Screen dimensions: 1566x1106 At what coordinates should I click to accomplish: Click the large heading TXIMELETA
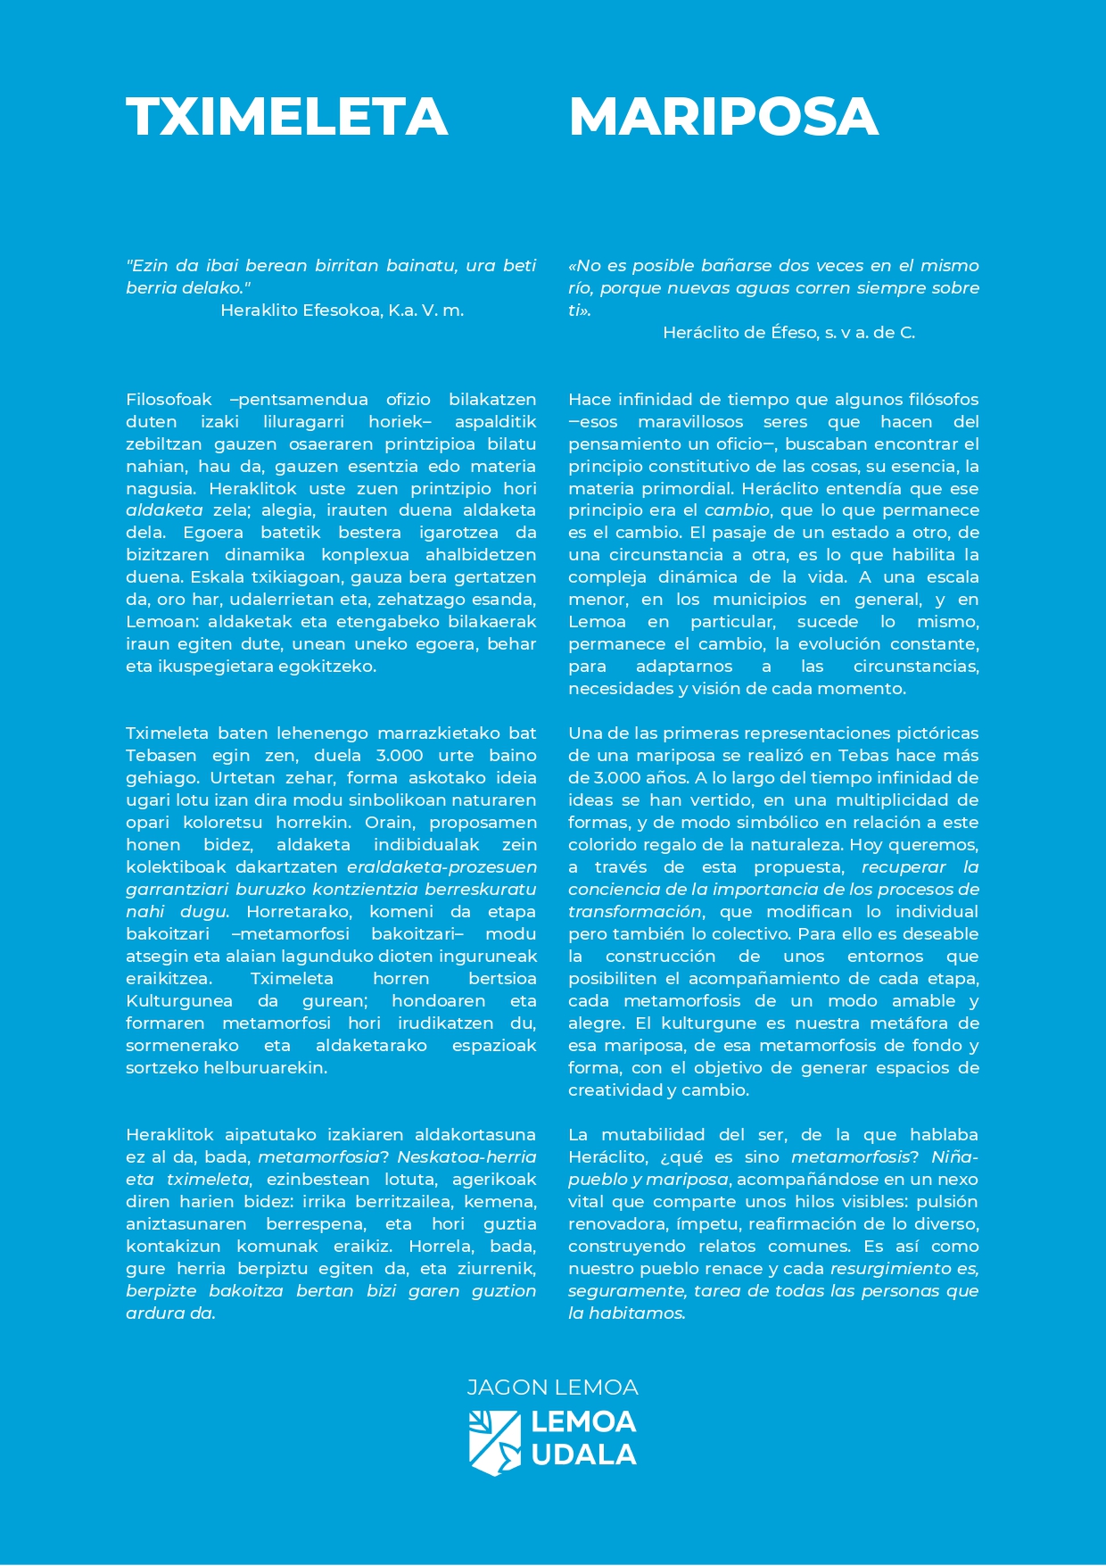(286, 117)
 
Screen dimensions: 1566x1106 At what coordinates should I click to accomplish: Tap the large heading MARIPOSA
(723, 117)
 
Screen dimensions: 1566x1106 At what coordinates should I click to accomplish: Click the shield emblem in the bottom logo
(494, 1443)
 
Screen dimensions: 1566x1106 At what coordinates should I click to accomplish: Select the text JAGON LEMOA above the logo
(553, 1388)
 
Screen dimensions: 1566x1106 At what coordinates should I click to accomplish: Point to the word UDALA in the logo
(583, 1455)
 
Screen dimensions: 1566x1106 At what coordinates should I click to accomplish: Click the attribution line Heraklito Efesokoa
(342, 311)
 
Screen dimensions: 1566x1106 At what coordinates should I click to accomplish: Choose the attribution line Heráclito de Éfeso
(788, 333)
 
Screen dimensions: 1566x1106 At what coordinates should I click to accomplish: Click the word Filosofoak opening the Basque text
(169, 400)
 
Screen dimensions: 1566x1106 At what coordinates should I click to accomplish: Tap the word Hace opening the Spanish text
(590, 400)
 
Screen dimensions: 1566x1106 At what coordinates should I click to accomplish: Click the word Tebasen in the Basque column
(161, 756)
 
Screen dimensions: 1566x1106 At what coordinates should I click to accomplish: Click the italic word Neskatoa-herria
(466, 1157)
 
